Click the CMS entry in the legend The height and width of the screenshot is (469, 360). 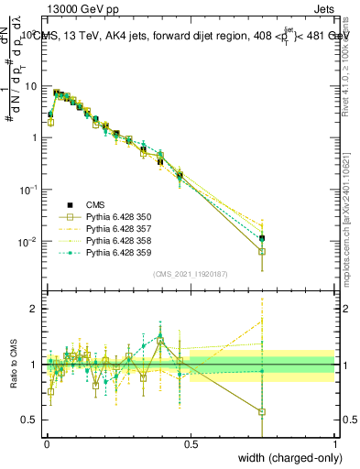(x=96, y=204)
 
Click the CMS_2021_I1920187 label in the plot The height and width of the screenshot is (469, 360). (x=190, y=274)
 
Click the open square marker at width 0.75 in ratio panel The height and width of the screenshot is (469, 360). (x=262, y=412)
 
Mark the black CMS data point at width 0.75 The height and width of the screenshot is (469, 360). (x=262, y=238)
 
